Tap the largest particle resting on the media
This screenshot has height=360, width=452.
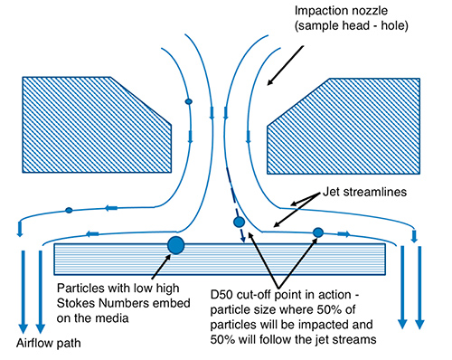175,243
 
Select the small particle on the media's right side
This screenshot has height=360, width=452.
317,233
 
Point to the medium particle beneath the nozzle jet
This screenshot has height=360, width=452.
239,222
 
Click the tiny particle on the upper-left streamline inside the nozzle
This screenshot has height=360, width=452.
188,101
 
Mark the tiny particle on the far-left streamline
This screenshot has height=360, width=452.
69,211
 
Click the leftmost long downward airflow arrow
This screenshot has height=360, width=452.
22,289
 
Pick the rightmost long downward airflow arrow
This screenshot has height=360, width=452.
419,289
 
